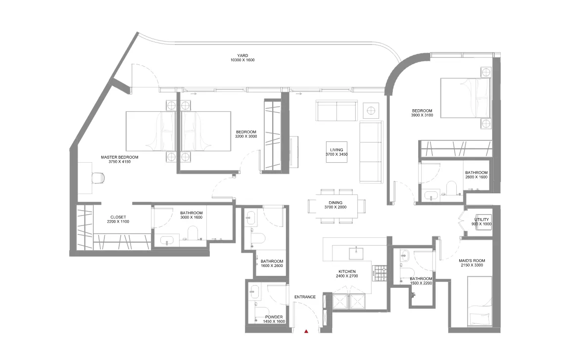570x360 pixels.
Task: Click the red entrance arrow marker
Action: point(306,331)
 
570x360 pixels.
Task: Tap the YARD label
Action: point(242,55)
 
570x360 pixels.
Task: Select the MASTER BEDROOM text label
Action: point(120,157)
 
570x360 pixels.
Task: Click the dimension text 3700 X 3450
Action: point(336,154)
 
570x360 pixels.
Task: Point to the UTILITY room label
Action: point(481,220)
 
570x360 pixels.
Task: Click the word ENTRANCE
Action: point(305,297)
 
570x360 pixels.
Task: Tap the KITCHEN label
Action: point(347,271)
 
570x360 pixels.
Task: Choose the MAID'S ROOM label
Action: point(472,261)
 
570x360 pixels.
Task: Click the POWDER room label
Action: point(274,317)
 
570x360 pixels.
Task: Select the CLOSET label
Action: point(118,217)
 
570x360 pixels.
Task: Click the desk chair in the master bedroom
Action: point(98,178)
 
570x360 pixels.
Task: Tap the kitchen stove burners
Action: point(381,273)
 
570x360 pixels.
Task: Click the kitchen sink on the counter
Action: point(356,253)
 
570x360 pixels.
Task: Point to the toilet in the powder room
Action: point(261,312)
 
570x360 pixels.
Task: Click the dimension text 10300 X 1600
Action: point(242,60)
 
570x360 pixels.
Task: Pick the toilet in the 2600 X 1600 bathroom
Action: point(451,187)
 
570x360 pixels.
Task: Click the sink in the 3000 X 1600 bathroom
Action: point(167,240)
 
